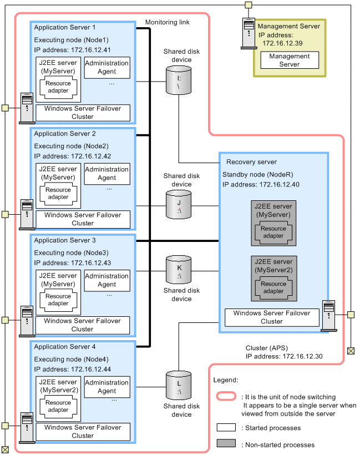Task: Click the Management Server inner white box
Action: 289,60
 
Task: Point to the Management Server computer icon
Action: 248,34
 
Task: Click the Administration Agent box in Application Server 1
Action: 107,67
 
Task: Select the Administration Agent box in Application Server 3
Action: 107,280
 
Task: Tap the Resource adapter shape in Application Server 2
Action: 58,193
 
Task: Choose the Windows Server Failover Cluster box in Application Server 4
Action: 83,432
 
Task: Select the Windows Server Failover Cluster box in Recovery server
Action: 272,317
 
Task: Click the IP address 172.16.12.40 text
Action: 261,184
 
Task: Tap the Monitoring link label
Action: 167,22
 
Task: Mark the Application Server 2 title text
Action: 65,134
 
